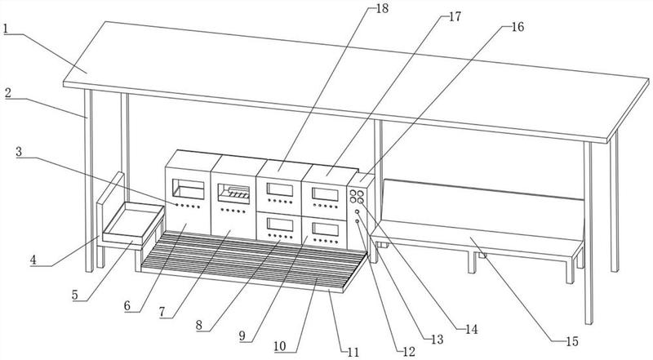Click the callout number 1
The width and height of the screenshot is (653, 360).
(x=6, y=29)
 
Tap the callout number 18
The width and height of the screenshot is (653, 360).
(x=382, y=8)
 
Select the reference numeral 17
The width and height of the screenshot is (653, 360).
(x=455, y=16)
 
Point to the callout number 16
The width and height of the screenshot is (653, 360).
(x=518, y=27)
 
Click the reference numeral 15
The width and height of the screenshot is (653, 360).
(x=572, y=342)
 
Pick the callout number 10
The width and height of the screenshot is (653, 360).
(x=280, y=346)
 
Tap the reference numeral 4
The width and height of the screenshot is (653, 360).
(x=33, y=260)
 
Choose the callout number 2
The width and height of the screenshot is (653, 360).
(x=8, y=93)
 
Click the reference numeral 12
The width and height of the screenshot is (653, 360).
(x=409, y=352)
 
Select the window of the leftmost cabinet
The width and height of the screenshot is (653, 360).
(x=189, y=189)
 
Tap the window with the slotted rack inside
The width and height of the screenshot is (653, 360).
(x=233, y=193)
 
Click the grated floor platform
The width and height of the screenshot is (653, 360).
(x=254, y=261)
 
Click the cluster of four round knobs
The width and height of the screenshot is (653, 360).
(x=357, y=197)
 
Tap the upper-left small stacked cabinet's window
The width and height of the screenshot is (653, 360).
(x=280, y=189)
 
